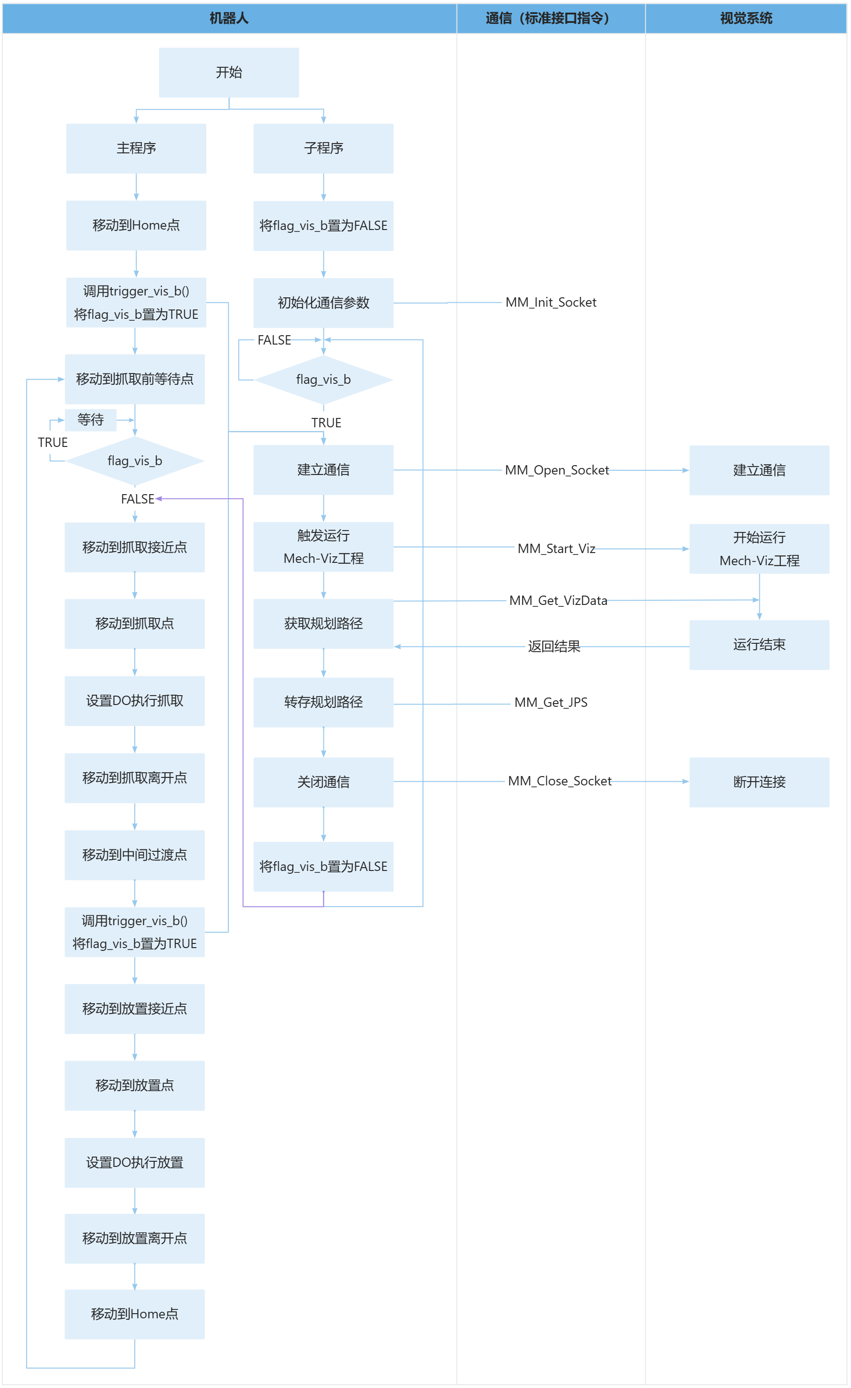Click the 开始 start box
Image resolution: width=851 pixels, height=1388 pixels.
pos(229,72)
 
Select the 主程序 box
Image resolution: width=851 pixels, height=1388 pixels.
pos(136,148)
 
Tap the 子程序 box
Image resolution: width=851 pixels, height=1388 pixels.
pos(323,148)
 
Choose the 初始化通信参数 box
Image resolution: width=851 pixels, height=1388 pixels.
pos(323,303)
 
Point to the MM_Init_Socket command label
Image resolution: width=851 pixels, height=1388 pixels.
pos(551,302)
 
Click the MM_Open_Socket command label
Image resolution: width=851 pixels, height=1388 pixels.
pos(557,470)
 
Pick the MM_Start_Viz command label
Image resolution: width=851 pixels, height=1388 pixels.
pos(556,549)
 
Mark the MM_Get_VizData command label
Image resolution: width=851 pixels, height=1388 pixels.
pos(558,600)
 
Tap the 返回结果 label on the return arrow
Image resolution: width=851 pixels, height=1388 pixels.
pos(554,647)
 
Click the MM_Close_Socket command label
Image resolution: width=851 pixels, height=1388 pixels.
pos(560,781)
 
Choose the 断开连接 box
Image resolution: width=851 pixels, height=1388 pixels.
pos(759,782)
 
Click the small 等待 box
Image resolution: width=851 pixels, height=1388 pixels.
pos(91,420)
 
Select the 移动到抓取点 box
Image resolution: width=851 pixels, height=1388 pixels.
pos(135,624)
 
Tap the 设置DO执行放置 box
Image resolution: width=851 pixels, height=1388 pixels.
pos(135,1163)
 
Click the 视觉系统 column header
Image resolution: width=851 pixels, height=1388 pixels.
pos(746,19)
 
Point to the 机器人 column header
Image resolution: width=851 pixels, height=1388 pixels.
pos(229,19)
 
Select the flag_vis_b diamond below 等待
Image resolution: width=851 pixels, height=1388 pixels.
pos(135,461)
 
